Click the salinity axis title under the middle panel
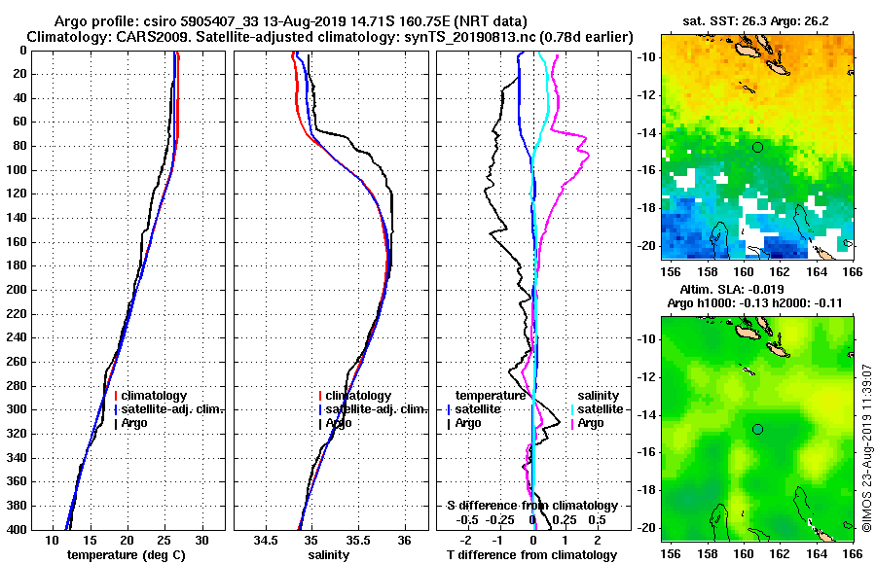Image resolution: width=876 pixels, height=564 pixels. click(x=330, y=555)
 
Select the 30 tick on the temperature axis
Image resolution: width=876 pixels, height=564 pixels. click(x=202, y=540)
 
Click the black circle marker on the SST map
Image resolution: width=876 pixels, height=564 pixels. click(x=757, y=147)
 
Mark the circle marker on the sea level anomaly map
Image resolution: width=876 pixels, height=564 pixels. click(x=757, y=429)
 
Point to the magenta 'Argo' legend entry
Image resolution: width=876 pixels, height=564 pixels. click(x=591, y=423)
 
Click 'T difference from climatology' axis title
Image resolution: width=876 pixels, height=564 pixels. click(x=531, y=555)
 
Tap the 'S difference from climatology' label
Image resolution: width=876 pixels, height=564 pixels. click(x=531, y=506)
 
